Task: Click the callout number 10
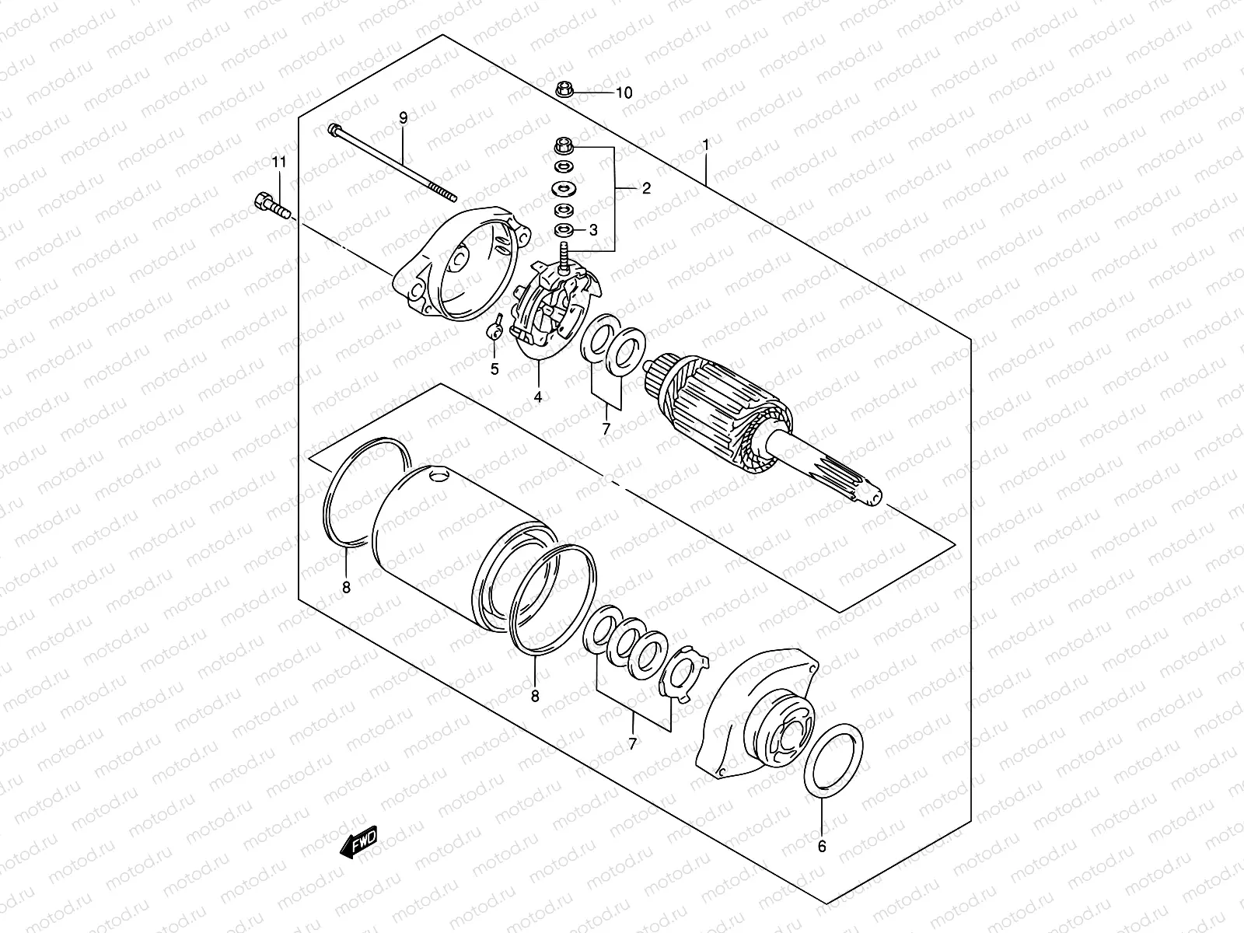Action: pyautogui.click(x=624, y=93)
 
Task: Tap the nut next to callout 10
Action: pyautogui.click(x=565, y=89)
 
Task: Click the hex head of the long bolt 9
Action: pyautogui.click(x=334, y=129)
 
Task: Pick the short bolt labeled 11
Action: pyautogui.click(x=270, y=207)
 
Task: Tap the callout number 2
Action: pyautogui.click(x=646, y=188)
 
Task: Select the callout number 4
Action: pyautogui.click(x=537, y=397)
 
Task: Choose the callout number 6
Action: pyautogui.click(x=822, y=847)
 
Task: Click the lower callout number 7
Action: pyautogui.click(x=633, y=744)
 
